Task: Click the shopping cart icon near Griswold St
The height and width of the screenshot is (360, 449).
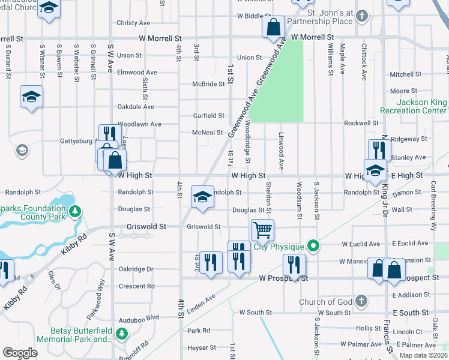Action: pos(262,229)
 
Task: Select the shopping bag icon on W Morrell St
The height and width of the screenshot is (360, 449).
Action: pos(273,26)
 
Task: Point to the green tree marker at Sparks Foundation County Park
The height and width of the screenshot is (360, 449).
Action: pos(74,211)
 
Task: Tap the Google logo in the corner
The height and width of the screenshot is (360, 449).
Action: pos(19,353)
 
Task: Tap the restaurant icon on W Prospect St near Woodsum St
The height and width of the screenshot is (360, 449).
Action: pos(294,264)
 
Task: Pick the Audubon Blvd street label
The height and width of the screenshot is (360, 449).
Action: pos(139,317)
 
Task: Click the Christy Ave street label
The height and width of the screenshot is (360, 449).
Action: pos(133,23)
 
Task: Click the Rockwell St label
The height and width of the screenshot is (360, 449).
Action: pos(361,123)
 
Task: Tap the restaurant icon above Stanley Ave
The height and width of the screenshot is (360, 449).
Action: pos(379,149)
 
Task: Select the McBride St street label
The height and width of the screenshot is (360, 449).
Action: pos(208,84)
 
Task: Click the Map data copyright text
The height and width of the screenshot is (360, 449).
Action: pos(423,355)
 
